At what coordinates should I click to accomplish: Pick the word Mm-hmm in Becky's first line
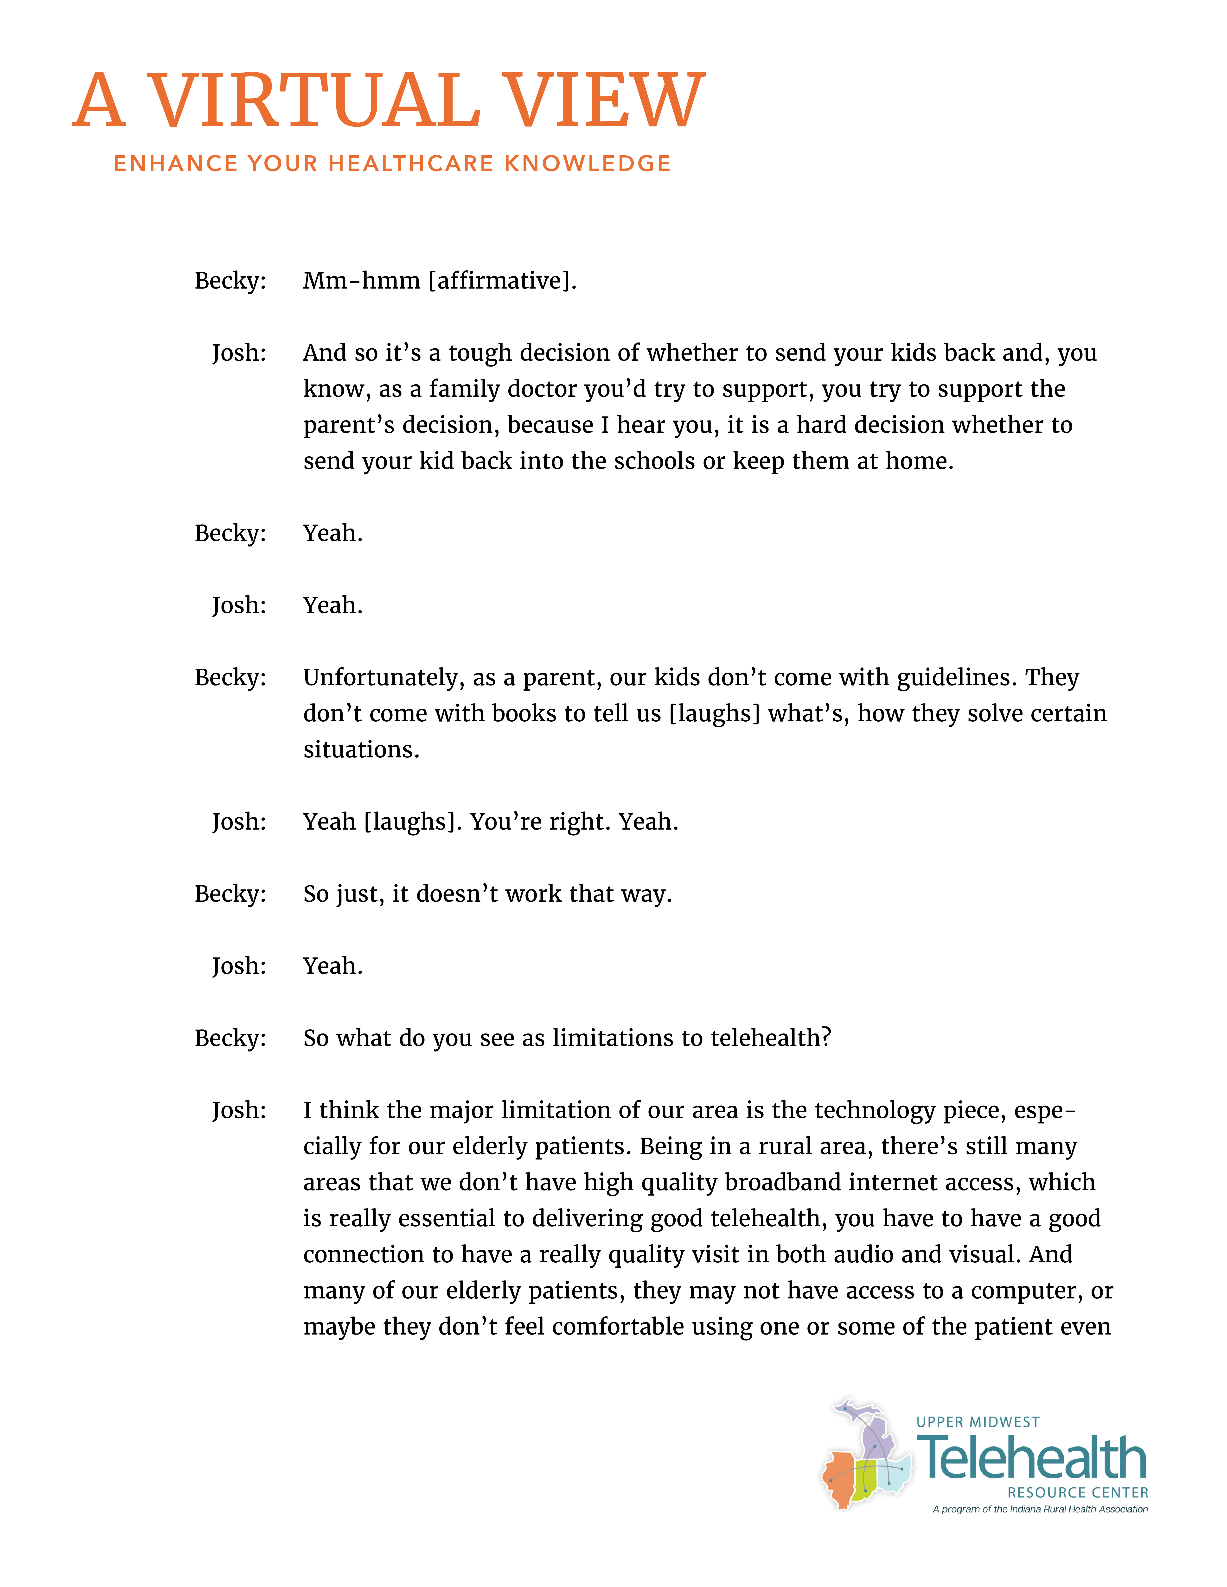pos(361,280)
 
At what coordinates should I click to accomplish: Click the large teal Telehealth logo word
pos(1032,1458)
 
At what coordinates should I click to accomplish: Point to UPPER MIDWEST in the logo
pos(978,1422)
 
